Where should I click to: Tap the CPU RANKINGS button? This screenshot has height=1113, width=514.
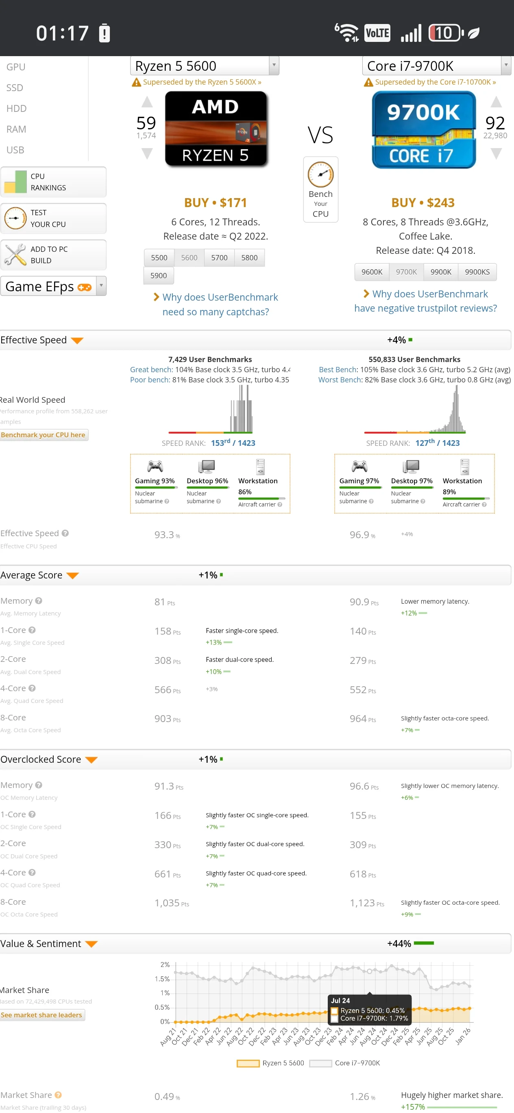coord(53,182)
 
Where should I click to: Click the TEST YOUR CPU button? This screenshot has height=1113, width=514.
coord(53,218)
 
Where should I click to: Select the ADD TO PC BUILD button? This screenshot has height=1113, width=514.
coord(53,255)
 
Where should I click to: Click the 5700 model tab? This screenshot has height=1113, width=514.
coord(219,258)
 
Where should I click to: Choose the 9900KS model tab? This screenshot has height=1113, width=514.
coord(477,272)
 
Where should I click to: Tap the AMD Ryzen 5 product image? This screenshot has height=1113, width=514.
coord(216,129)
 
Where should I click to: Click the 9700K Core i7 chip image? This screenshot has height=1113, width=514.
coord(423,130)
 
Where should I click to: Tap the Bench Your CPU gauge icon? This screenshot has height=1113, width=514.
coord(320,175)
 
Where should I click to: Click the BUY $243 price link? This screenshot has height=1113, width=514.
coord(423,203)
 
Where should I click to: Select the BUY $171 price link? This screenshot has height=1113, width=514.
coord(215,203)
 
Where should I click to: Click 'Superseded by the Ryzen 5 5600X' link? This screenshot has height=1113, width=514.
coord(202,82)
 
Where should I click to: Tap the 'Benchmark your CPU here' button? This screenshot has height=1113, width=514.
coord(43,434)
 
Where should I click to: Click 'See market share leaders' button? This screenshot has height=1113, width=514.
coord(41,1015)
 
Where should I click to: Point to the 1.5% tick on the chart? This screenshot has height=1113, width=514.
coord(162,979)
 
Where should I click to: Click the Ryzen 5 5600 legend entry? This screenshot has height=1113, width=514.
coord(271,1063)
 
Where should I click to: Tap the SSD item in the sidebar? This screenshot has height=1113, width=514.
coord(15,88)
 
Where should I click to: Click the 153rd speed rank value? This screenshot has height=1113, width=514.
coord(220,443)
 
